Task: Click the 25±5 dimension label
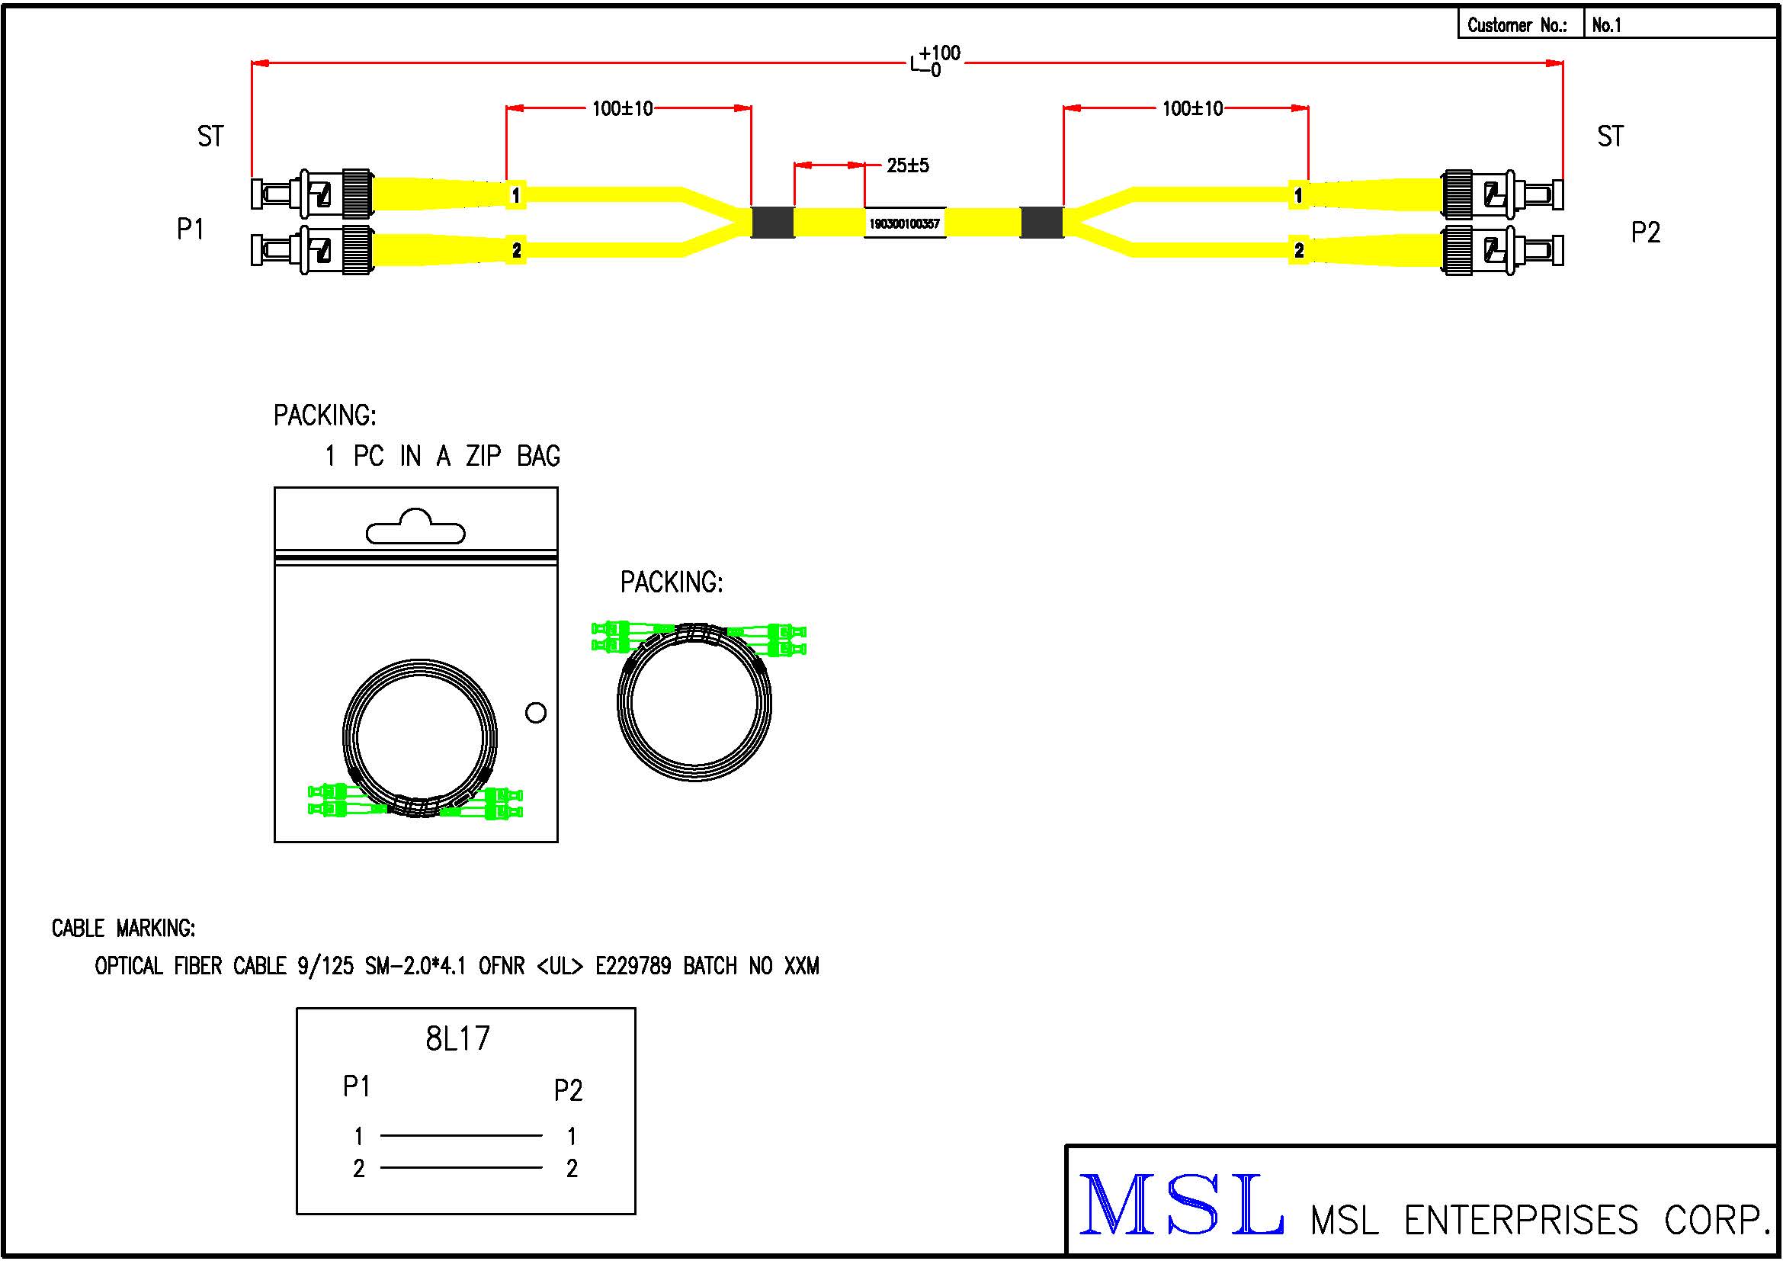tap(907, 165)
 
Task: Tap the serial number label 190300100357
tap(904, 223)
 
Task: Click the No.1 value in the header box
tap(1606, 25)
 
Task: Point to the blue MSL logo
tap(1180, 1204)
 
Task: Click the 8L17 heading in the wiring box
tap(457, 1039)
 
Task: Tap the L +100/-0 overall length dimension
tap(935, 60)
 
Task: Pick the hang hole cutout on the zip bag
tap(415, 528)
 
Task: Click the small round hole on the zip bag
tap(536, 713)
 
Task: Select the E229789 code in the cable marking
tap(632, 966)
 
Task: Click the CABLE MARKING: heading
tap(123, 928)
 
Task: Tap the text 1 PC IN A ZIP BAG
tap(442, 456)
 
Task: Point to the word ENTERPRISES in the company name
tap(1522, 1220)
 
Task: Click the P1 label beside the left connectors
tap(191, 229)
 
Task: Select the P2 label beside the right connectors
tap(1645, 233)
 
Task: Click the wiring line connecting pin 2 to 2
tap(461, 1167)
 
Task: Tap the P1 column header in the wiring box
tap(357, 1086)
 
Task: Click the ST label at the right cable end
tap(1610, 136)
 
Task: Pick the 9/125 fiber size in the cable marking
tap(325, 966)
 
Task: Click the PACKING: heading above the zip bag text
tap(325, 416)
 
